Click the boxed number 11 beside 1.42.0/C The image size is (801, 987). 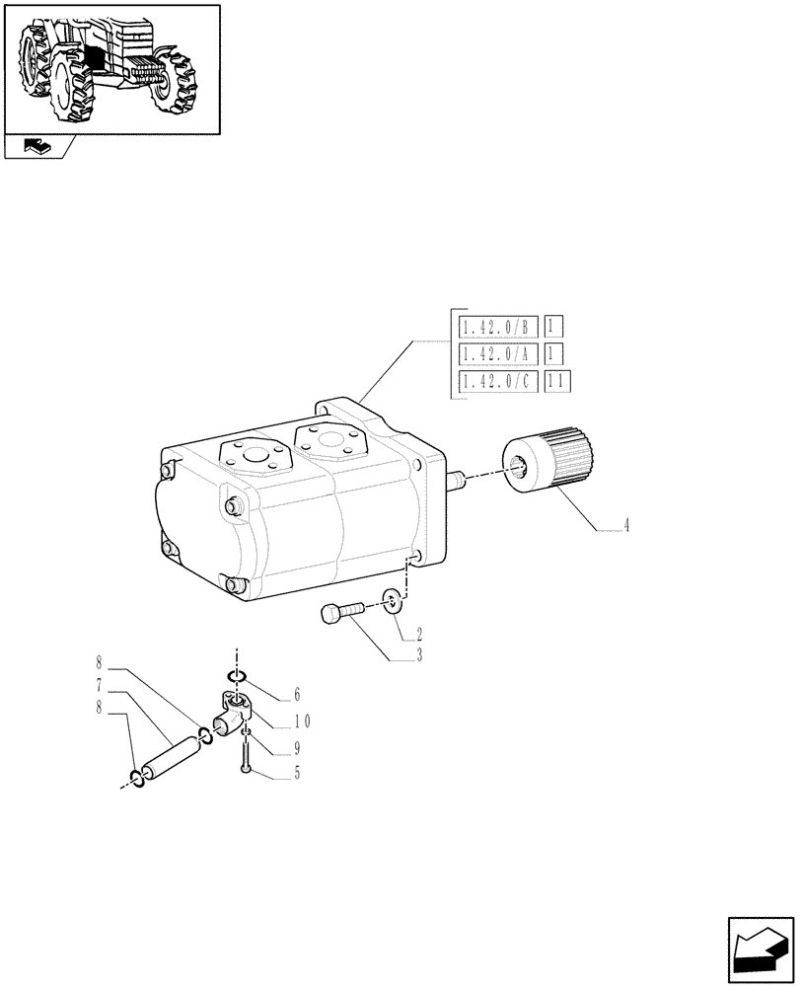tap(558, 382)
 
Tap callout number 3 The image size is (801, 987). tap(419, 654)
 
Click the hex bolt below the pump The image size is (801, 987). tap(339, 613)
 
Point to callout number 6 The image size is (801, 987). tap(295, 695)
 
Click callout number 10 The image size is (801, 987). tap(300, 721)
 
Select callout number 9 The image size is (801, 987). tap(295, 748)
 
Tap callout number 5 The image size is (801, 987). tap(295, 775)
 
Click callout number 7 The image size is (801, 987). tap(101, 683)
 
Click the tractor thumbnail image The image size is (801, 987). tap(110, 68)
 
